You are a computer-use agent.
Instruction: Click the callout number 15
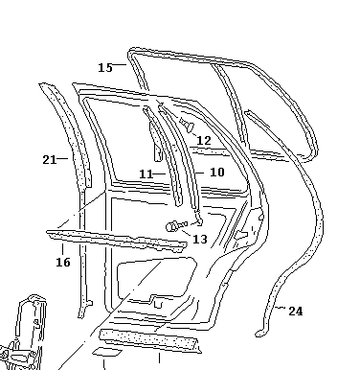click(105, 67)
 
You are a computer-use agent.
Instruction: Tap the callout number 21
click(50, 159)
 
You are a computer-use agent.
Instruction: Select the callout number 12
click(204, 140)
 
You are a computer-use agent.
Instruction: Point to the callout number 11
click(146, 174)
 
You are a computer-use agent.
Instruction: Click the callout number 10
click(217, 173)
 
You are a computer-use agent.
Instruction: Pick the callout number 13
click(200, 239)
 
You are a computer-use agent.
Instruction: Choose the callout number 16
click(63, 263)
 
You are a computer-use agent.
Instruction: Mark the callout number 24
click(296, 312)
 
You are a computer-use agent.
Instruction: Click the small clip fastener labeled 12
click(187, 125)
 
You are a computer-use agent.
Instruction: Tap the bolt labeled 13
click(176, 225)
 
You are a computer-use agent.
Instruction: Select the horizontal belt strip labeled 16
click(117, 241)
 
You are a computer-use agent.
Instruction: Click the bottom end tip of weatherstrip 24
click(259, 335)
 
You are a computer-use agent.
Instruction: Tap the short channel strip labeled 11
click(165, 156)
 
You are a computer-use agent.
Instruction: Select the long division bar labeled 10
click(181, 160)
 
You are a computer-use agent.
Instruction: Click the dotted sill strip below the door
click(149, 341)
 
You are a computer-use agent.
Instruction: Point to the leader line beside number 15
click(120, 64)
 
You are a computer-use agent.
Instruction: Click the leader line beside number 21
click(62, 158)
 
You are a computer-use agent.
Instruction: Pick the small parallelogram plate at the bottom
click(107, 352)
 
